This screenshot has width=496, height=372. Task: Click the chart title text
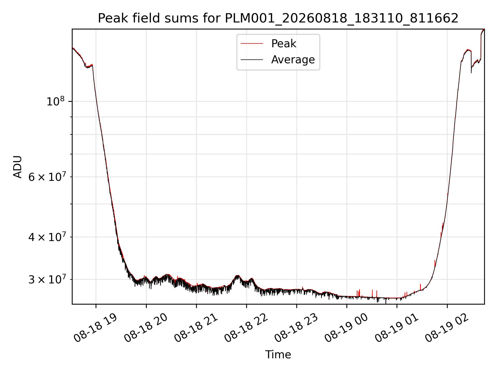point(278,18)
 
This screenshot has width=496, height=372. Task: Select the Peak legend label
point(284,44)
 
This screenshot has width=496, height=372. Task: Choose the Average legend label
point(293,60)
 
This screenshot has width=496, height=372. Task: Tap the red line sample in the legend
point(252,44)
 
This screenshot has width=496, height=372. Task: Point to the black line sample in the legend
point(252,60)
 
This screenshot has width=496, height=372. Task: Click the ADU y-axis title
point(18,167)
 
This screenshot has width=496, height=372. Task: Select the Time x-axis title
point(278,355)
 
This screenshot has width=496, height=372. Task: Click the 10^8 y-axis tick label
point(55,101)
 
